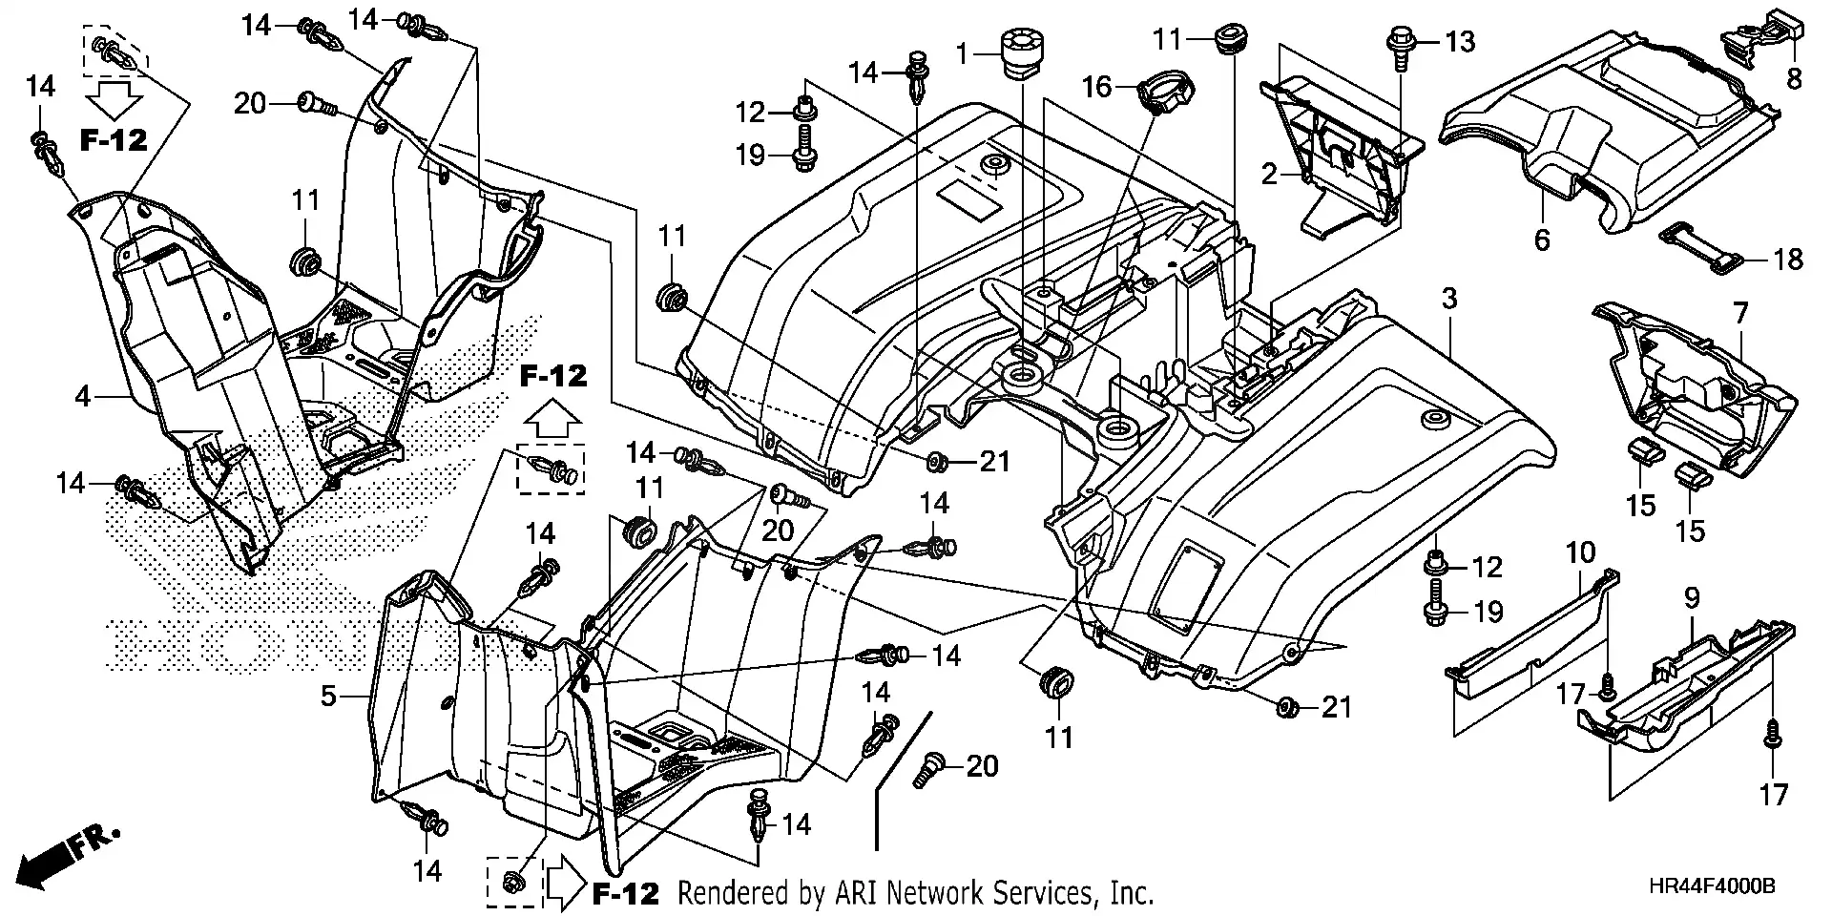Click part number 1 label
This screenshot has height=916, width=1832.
pyautogui.click(x=963, y=54)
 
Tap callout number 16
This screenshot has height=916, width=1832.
pyautogui.click(x=1097, y=88)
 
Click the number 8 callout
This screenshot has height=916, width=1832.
pyautogui.click(x=1794, y=78)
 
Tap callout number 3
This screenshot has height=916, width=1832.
pyautogui.click(x=1449, y=299)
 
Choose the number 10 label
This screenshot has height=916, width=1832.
pyautogui.click(x=1580, y=552)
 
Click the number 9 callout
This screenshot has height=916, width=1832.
pyautogui.click(x=1692, y=599)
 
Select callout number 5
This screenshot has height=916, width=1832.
pyautogui.click(x=328, y=696)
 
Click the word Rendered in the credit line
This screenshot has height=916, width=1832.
pyautogui.click(x=736, y=894)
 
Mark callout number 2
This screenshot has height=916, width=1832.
pyautogui.click(x=1269, y=175)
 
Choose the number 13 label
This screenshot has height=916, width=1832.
pyautogui.click(x=1460, y=42)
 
